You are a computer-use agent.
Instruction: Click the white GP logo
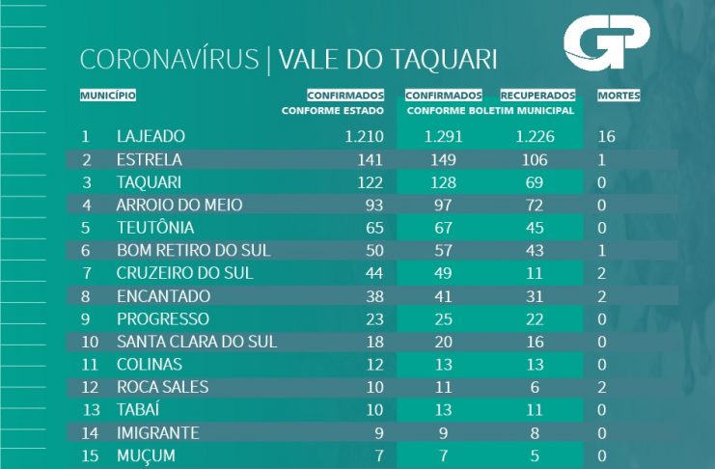[607, 44]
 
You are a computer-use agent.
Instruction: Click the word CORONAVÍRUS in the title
[170, 60]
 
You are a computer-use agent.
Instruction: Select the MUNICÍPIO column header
[107, 96]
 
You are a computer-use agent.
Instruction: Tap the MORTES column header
[619, 96]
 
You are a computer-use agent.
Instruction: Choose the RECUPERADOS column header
[537, 96]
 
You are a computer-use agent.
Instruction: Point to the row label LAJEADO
[150, 136]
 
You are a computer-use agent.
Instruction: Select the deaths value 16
[607, 136]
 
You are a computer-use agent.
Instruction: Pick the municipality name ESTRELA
[149, 159]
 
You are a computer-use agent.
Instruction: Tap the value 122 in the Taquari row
[371, 182]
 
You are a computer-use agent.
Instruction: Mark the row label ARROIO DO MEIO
[179, 205]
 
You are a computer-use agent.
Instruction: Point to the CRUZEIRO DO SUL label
[184, 273]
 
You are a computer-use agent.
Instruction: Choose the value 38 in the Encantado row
[374, 296]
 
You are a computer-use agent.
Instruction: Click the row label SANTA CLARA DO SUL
[196, 342]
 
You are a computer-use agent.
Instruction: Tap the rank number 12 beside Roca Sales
[89, 387]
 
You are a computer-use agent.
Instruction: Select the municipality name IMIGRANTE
[157, 432]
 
